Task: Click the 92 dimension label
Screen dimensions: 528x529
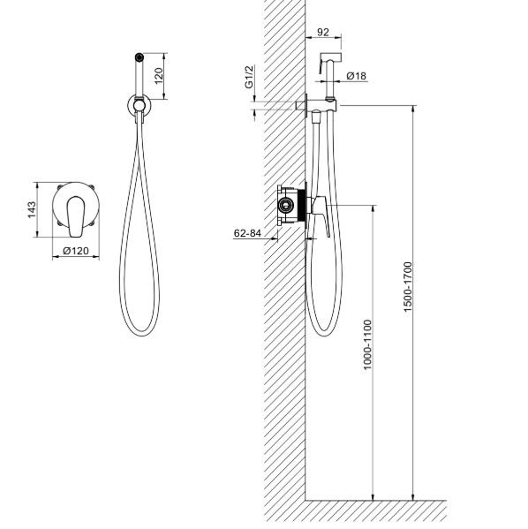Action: click(323, 32)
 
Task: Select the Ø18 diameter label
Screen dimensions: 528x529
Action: click(357, 76)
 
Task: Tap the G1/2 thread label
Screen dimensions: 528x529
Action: click(249, 77)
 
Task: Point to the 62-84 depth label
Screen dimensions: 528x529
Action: click(247, 233)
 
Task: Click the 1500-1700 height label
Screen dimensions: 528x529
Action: click(408, 287)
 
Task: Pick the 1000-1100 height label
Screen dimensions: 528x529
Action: click(367, 344)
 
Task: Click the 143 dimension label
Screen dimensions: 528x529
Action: click(32, 209)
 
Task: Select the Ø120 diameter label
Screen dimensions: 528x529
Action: click(76, 251)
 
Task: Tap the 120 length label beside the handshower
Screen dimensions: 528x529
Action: click(159, 76)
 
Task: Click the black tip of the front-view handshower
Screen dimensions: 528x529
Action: click(139, 57)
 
